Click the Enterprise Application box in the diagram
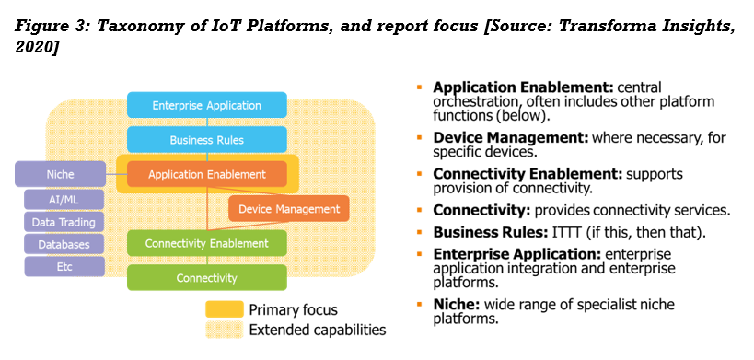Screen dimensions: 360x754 pyautogui.click(x=206, y=105)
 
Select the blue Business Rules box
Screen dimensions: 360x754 pyautogui.click(x=206, y=140)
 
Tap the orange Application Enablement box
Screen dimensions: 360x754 pyautogui.click(x=206, y=174)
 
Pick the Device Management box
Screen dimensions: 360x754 pyautogui.click(x=288, y=209)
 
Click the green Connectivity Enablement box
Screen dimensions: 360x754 pyautogui.click(x=206, y=243)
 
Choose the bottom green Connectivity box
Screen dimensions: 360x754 pyautogui.click(x=206, y=277)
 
